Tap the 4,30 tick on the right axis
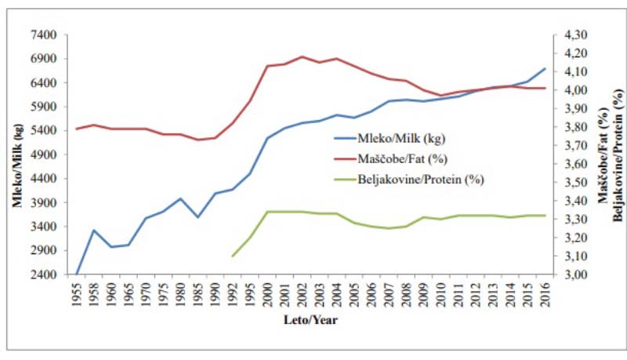pyautogui.click(x=571, y=35)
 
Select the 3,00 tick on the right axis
pyautogui.click(x=571, y=275)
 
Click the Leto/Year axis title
pyautogui.click(x=312, y=320)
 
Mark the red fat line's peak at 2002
pyautogui.click(x=302, y=56)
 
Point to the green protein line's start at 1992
pyautogui.click(x=233, y=256)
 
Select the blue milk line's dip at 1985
pyautogui.click(x=199, y=217)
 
